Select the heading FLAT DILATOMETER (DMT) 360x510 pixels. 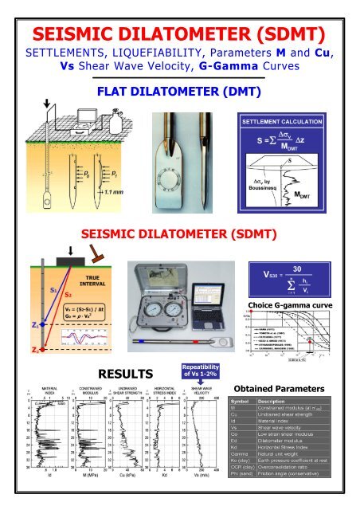coord(179,90)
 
